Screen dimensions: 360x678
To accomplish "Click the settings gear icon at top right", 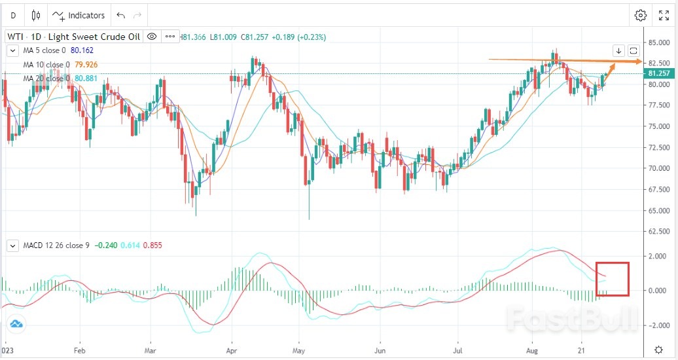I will click(641, 15).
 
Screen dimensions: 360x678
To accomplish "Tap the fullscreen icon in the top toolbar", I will click(663, 15).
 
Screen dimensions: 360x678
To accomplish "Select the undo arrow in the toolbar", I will click(120, 15).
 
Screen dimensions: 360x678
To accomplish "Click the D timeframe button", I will click(13, 15).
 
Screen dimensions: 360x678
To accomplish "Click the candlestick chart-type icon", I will click(35, 15).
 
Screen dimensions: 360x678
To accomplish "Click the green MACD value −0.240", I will click(106, 245).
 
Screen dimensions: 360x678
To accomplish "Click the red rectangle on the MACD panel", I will click(613, 279).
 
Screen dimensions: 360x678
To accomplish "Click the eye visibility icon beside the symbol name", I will click(151, 37).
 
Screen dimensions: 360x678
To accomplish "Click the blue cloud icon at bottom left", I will click(16, 323).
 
